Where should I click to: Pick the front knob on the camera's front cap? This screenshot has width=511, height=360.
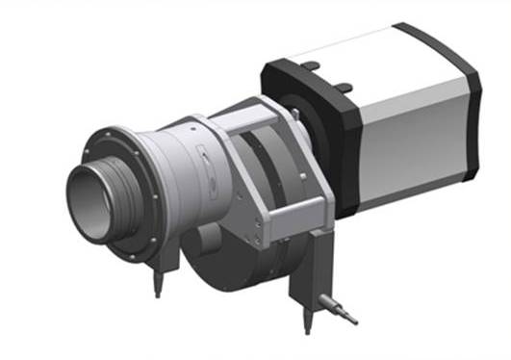tap(310, 65)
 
